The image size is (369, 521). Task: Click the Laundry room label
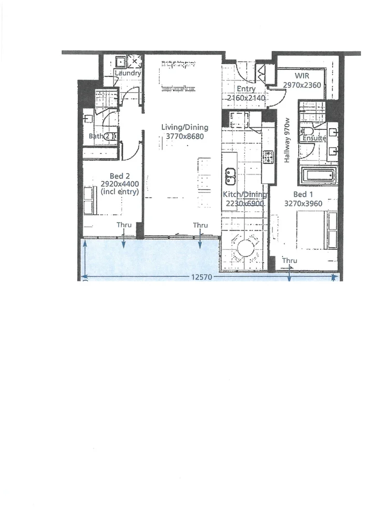(128, 73)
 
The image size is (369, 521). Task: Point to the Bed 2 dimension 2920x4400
(120, 184)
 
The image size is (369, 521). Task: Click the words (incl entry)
(120, 192)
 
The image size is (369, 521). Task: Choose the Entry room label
(246, 89)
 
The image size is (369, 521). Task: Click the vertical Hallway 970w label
(287, 140)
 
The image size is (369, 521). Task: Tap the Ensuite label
(314, 138)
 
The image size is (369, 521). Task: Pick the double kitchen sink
(230, 176)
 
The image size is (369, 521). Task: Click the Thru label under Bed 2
(124, 225)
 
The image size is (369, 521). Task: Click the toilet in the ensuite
(306, 130)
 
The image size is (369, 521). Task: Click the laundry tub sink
(120, 62)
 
